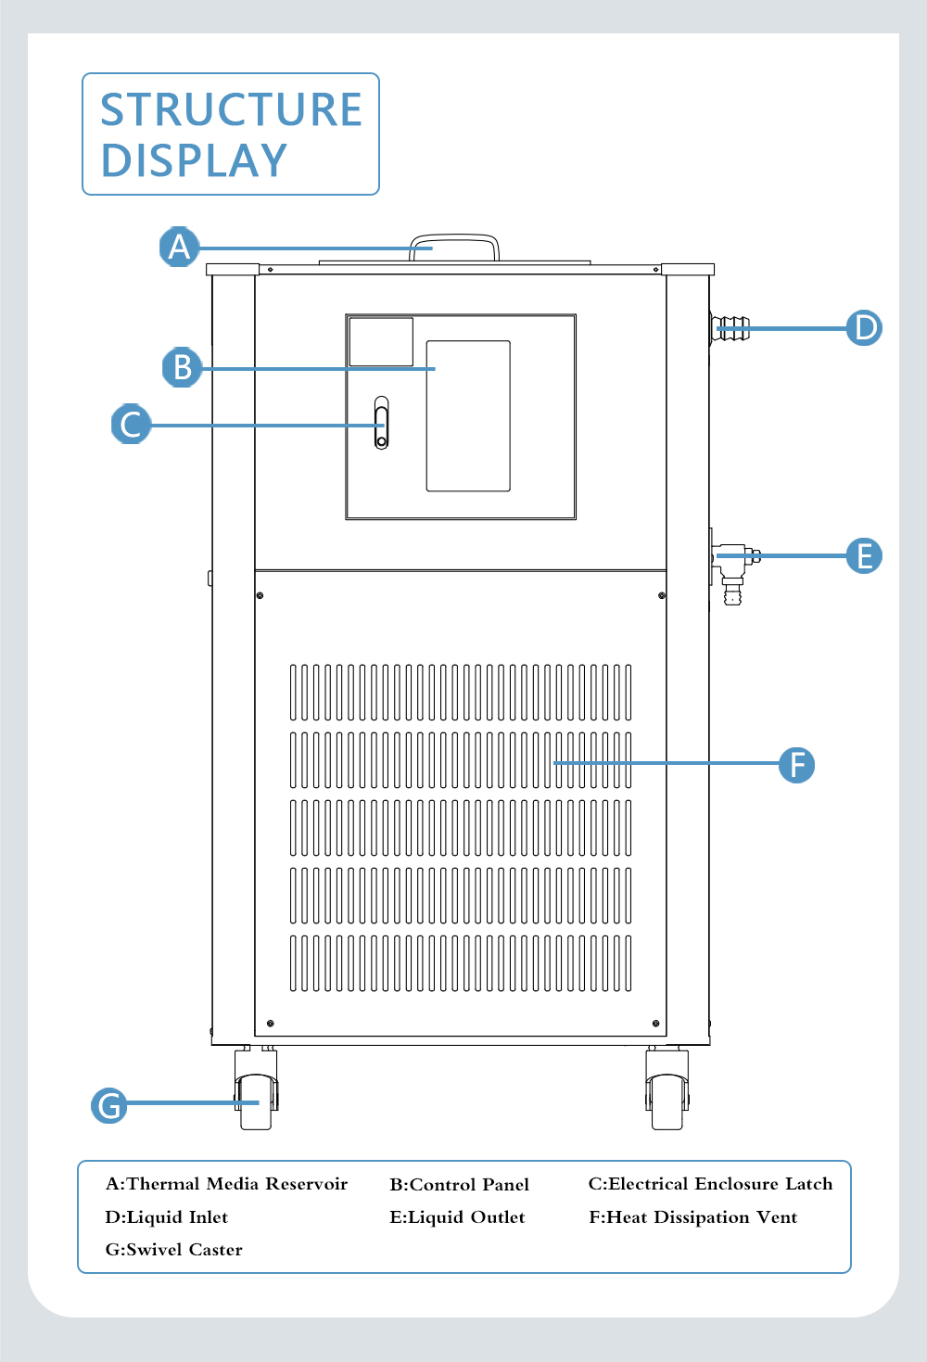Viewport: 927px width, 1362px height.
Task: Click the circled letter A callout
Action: click(179, 248)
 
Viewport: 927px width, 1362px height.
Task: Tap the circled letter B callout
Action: click(182, 367)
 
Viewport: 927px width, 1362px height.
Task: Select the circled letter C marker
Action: click(131, 425)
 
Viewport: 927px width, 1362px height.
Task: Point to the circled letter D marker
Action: click(864, 327)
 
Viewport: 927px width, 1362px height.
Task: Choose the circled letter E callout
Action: click(864, 556)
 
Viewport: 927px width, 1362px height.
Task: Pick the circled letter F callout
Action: click(796, 765)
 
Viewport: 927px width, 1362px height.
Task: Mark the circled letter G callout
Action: click(109, 1105)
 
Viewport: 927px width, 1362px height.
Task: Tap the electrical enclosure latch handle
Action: click(381, 423)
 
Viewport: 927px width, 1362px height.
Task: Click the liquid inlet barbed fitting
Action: click(730, 328)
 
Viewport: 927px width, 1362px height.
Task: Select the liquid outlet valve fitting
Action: click(733, 566)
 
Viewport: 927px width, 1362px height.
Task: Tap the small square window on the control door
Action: click(381, 341)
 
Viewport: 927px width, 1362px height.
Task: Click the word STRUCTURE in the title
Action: click(231, 110)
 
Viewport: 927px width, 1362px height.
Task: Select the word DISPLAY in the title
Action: click(195, 161)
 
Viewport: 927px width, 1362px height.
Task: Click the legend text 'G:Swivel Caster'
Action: click(174, 1250)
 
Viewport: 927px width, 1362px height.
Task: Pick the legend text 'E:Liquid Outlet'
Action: click(457, 1217)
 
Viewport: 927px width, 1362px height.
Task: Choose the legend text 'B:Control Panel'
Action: click(459, 1185)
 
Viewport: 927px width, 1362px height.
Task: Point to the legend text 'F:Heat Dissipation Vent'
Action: click(692, 1217)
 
